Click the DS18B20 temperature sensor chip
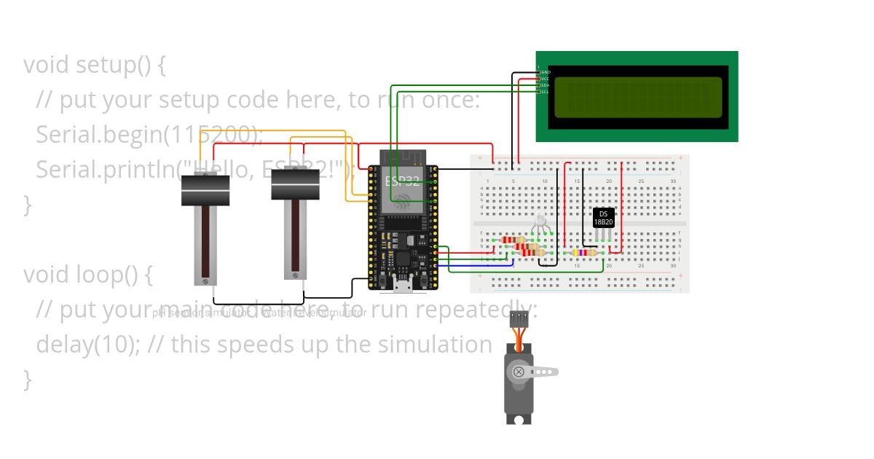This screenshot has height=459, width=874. tap(603, 217)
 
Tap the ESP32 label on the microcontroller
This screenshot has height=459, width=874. tap(402, 181)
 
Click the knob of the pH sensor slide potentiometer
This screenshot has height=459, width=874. tap(205, 190)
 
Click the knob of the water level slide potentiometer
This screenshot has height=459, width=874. tap(296, 184)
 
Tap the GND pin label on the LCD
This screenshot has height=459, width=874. tap(545, 73)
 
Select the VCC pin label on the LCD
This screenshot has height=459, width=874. tap(545, 79)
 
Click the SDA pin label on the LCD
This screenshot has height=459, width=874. tap(545, 85)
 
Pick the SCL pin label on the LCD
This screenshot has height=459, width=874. tap(545, 92)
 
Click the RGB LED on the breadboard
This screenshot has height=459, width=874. tap(540, 220)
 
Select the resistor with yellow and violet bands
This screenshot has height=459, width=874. tap(584, 253)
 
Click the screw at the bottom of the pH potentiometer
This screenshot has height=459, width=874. tap(206, 280)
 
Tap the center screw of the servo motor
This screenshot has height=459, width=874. tap(519, 372)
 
